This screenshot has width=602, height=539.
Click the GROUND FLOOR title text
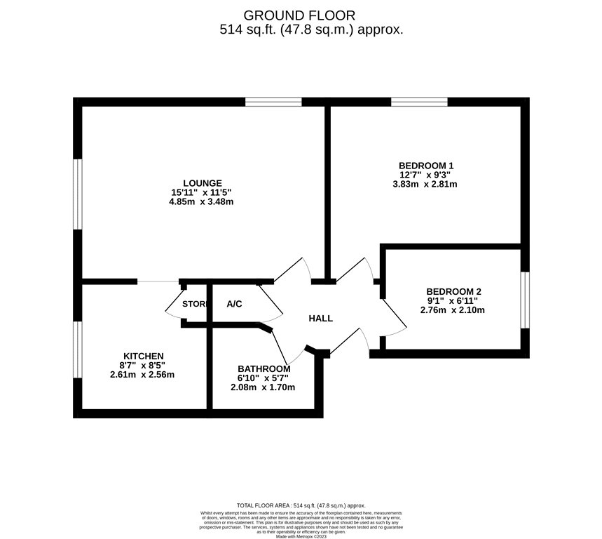pyautogui.click(x=299, y=15)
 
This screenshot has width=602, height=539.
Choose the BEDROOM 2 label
pyautogui.click(x=453, y=291)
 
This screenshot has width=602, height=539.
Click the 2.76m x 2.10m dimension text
pyautogui.click(x=453, y=310)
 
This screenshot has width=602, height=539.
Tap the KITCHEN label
pyautogui.click(x=144, y=356)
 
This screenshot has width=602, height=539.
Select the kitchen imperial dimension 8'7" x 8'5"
pyautogui.click(x=143, y=365)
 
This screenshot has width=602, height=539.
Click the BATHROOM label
pyautogui.click(x=264, y=368)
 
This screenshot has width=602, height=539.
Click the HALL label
pyautogui.click(x=321, y=319)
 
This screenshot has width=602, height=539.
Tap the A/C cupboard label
pyautogui.click(x=234, y=304)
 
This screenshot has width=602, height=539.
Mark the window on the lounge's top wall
pyautogui.click(x=273, y=102)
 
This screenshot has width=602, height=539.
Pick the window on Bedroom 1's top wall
pyautogui.click(x=419, y=102)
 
